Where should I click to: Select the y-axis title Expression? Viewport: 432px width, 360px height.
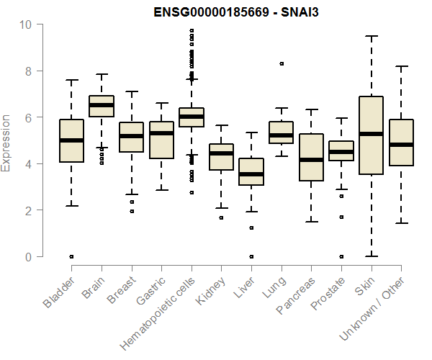tap(6, 142)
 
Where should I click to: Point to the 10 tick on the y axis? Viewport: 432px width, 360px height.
tap(27, 24)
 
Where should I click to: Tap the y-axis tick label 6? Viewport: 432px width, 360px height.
tap(27, 117)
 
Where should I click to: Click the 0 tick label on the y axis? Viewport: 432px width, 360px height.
tap(27, 257)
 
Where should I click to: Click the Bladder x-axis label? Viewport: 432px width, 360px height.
tap(59, 293)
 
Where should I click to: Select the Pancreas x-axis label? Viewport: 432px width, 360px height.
tap(297, 295)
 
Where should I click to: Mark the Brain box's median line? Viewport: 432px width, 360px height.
tap(102, 105)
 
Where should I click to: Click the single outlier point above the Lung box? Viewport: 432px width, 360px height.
tap(281, 63)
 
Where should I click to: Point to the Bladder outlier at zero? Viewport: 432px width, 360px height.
tap(71, 256)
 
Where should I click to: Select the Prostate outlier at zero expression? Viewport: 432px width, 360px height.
tap(341, 256)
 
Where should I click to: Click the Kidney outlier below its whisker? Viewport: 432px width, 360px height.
tap(221, 217)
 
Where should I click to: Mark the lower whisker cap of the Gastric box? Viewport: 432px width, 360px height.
tap(161, 190)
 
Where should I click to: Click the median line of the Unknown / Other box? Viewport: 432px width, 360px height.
tap(400, 145)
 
